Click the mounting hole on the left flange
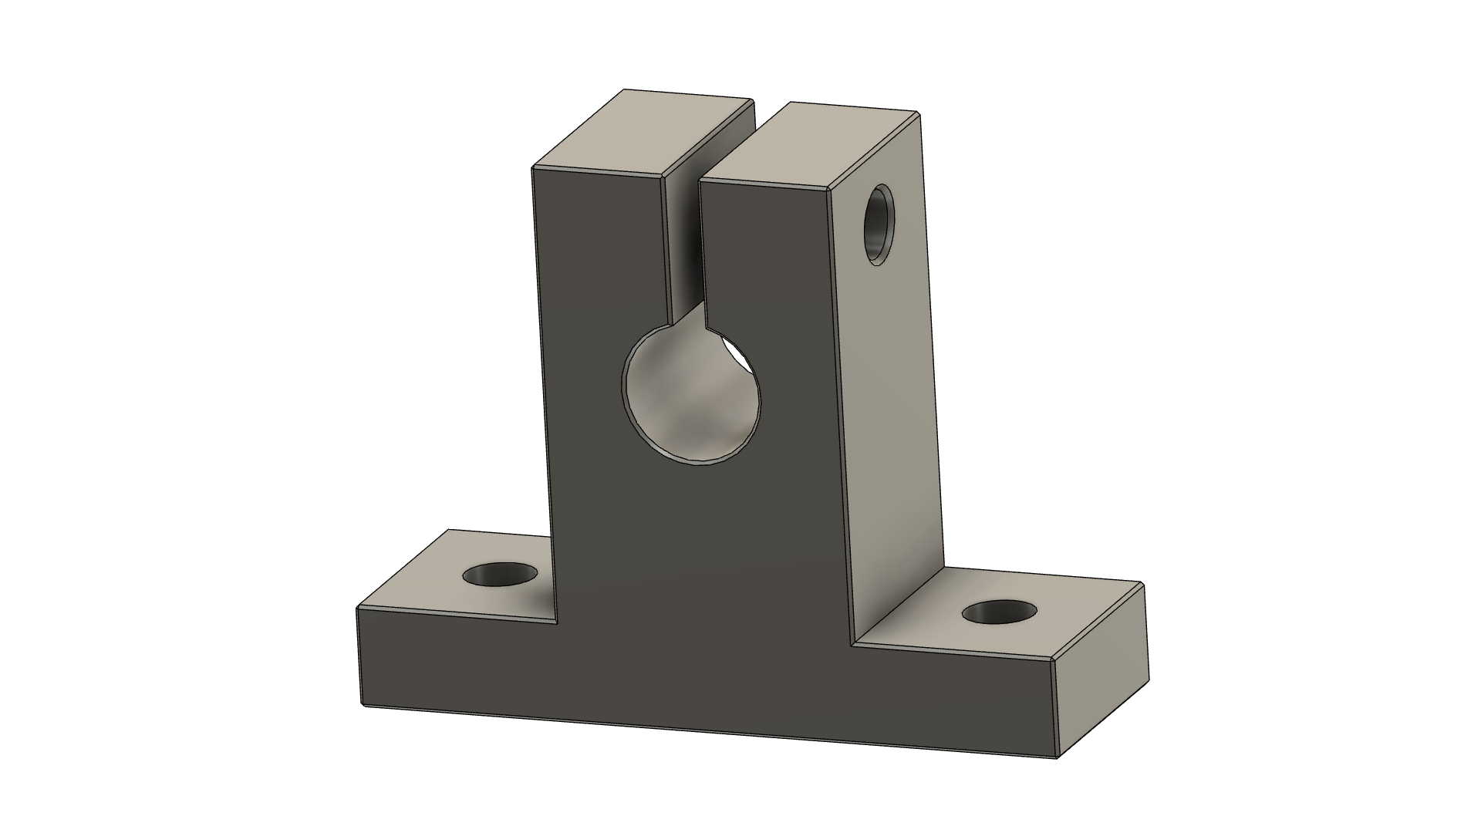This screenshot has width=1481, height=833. click(x=500, y=575)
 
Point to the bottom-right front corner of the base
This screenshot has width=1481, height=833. click(x=1055, y=757)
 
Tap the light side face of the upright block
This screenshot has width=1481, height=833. click(x=887, y=401)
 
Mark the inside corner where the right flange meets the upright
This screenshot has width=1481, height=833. click(x=852, y=645)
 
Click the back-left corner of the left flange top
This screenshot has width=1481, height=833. click(x=450, y=531)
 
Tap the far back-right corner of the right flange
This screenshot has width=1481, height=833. click(x=1141, y=584)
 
